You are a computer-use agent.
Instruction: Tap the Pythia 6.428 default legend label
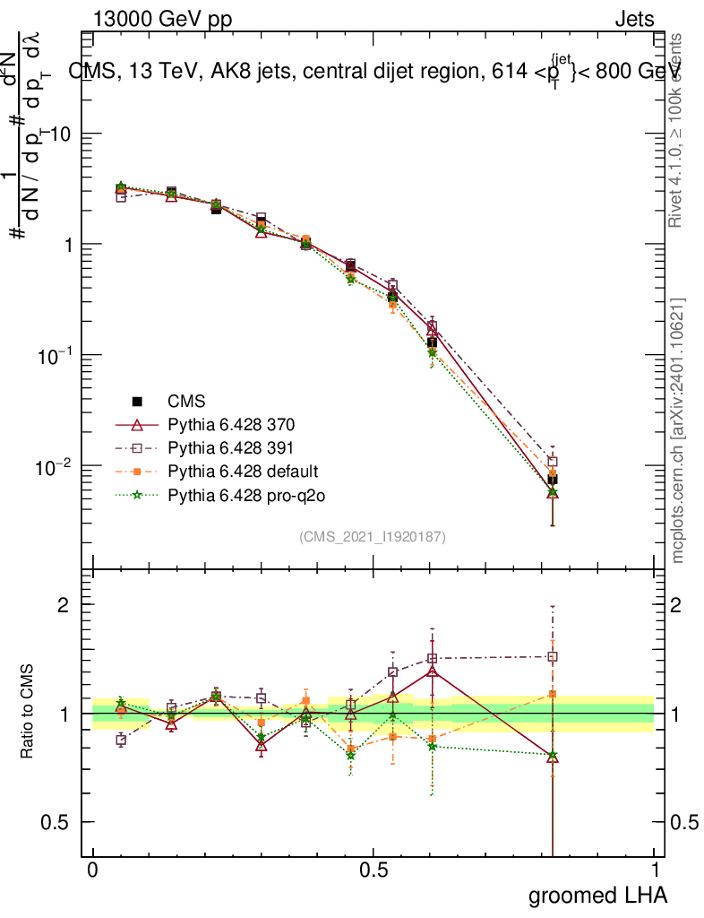coord(243,471)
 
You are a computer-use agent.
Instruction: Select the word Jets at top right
coord(634,19)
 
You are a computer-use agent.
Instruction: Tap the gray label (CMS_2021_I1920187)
coord(373,536)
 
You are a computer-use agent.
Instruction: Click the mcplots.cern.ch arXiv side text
coord(679,430)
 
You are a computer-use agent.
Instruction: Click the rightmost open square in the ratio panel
coord(553,656)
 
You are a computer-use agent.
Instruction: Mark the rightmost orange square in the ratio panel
coord(553,693)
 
